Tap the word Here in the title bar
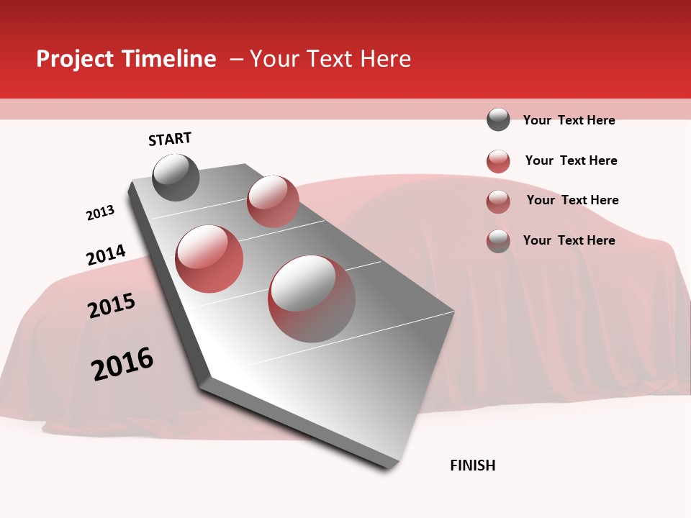point(385,59)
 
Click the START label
point(170,139)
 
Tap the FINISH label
point(472,465)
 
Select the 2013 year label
point(100,213)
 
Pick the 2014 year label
point(106,255)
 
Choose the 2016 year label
point(122,364)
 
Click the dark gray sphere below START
point(176,178)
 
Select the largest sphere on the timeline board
point(312,299)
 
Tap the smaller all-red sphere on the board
point(273,201)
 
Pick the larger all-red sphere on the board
point(209,259)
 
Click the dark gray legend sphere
point(498,119)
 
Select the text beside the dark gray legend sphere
point(569,120)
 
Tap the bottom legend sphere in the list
point(498,241)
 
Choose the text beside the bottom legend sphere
point(569,240)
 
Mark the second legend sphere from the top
point(498,161)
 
